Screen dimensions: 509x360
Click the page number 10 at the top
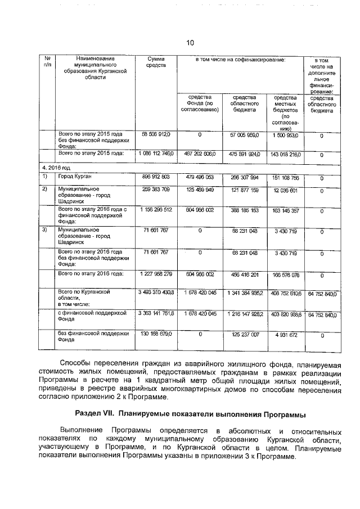(190, 43)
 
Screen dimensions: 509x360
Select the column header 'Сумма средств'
(156, 62)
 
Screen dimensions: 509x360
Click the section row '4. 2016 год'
(58, 168)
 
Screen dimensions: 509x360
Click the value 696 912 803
(156, 177)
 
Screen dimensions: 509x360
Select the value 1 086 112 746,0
(156, 154)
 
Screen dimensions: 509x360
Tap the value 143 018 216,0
(285, 154)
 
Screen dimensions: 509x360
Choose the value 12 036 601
(285, 190)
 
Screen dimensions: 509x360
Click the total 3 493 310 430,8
(156, 293)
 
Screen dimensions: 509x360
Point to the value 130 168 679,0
(156, 334)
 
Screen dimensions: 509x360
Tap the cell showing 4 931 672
(285, 334)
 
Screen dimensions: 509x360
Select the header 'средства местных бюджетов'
(285, 112)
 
